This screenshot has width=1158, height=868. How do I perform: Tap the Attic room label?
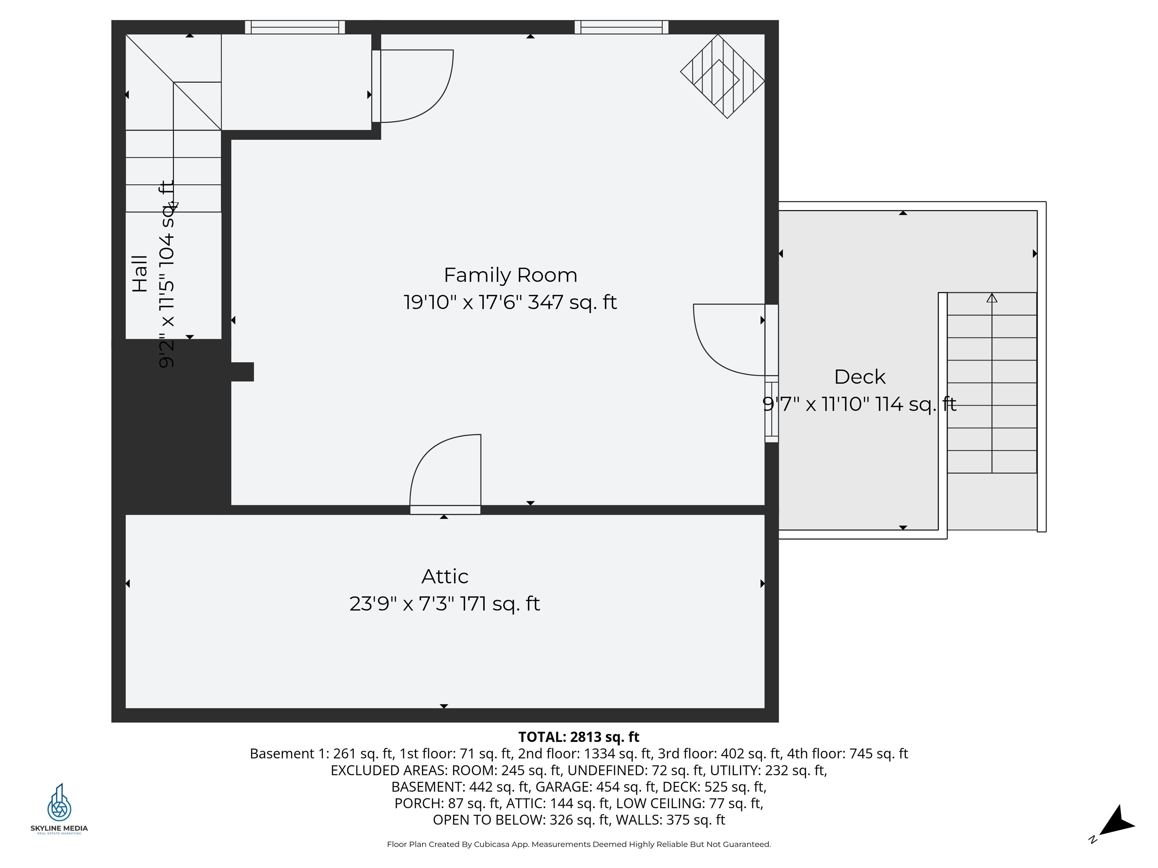coord(444,576)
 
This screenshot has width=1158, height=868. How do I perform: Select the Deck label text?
coord(859,377)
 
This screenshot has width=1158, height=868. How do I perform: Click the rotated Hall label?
coord(140,274)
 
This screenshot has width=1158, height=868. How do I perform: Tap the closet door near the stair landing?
coord(414,86)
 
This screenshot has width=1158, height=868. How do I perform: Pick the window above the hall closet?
coord(295,27)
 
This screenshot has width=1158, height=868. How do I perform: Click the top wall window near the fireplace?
coord(621,27)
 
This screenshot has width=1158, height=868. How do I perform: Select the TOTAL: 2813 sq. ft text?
coord(579,737)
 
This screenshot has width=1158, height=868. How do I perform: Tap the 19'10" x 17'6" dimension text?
coord(510,303)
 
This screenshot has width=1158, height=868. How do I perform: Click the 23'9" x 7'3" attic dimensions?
coord(444,604)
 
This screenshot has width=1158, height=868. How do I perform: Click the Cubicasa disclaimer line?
coord(579,844)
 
